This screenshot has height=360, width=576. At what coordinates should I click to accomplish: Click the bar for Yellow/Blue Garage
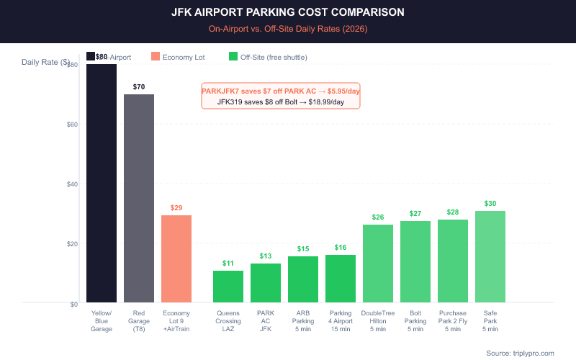(102, 184)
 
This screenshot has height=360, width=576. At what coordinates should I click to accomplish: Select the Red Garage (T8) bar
(139, 198)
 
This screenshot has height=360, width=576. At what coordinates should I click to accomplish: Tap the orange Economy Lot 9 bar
(176, 258)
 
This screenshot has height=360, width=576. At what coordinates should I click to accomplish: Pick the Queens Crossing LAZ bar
(228, 287)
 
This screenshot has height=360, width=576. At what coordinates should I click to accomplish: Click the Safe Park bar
(490, 256)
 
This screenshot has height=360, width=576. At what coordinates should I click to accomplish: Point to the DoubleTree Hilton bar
(378, 264)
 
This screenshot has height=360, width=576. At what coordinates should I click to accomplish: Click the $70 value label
(139, 87)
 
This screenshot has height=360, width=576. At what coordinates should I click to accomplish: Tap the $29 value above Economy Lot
(176, 207)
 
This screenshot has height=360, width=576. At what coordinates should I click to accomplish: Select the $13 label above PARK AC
(266, 256)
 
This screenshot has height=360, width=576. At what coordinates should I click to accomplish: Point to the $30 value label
(490, 204)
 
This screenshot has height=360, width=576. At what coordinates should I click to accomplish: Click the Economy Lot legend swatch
(156, 56)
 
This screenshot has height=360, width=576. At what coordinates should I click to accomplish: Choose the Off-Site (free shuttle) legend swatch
(233, 56)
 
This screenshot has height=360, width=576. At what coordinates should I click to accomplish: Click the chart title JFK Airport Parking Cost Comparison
(288, 12)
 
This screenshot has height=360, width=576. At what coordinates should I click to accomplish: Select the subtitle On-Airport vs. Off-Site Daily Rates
(288, 28)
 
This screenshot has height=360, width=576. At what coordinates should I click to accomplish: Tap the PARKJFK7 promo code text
(281, 91)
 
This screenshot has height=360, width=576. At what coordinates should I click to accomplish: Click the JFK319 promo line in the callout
(281, 102)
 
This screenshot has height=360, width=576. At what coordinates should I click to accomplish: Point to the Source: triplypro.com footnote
(520, 353)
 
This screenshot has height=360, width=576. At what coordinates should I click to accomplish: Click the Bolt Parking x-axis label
(415, 321)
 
